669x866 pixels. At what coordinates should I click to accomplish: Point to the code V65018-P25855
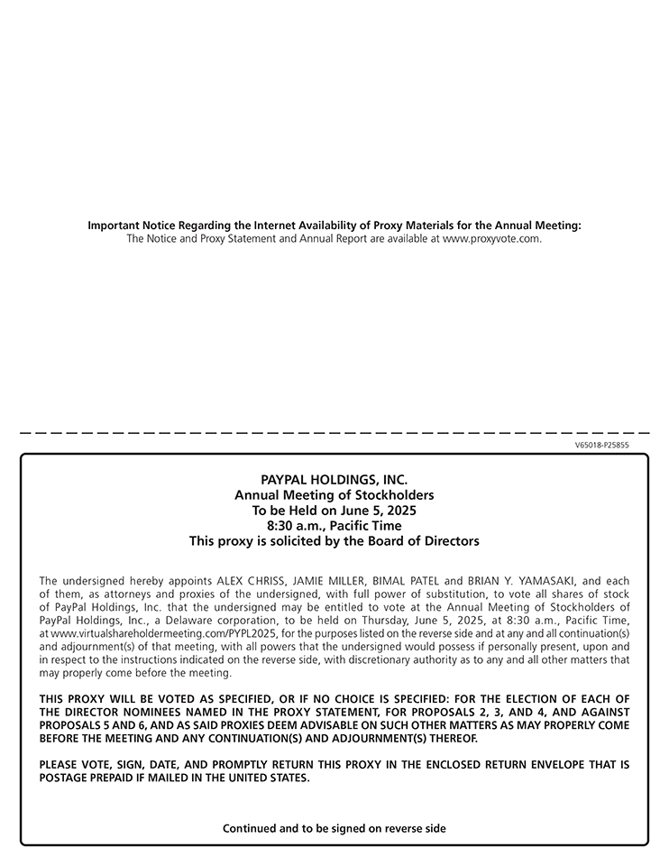coord(601,445)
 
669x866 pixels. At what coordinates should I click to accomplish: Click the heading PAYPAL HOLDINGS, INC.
coord(334,480)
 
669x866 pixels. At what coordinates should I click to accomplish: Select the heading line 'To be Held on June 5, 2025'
coord(334,511)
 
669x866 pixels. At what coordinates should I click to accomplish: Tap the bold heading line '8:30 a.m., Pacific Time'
coord(334,526)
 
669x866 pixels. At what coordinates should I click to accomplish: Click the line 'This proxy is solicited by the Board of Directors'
coord(334,541)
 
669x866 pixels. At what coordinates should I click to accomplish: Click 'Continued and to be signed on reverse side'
coord(334,828)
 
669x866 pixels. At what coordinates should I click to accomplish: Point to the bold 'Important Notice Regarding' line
coord(334,226)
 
